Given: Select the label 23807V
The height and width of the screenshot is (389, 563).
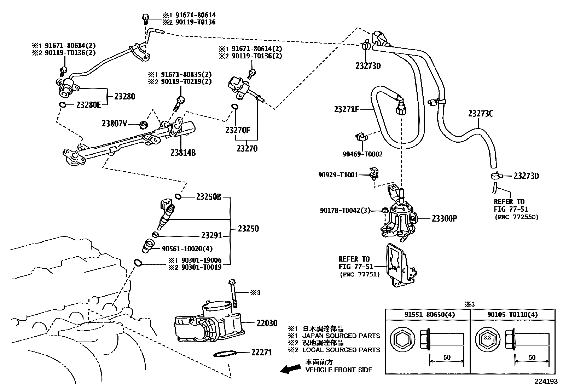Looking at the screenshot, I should tap(114, 124).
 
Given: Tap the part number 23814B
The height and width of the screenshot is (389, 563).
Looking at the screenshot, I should tap(183, 153).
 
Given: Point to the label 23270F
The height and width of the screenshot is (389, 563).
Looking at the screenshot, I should tap(238, 130).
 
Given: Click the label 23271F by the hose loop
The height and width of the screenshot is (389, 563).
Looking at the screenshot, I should tap(346, 109).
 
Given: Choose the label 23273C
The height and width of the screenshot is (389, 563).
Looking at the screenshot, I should tap(481, 114).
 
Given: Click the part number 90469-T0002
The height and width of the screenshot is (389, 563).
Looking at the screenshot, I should tap(362, 154).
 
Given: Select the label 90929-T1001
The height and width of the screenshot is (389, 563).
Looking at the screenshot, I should tap(338, 175).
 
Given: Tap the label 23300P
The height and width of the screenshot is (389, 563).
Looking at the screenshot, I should tap(444, 218).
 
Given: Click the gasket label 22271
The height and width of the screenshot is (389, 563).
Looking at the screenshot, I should tap(262, 352).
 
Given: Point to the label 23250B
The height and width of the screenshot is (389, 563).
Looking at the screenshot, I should tap(208, 197).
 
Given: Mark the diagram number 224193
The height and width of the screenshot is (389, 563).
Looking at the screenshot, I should tap(546, 382).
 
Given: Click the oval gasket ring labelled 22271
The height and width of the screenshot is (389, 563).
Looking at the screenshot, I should tap(225, 354).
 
